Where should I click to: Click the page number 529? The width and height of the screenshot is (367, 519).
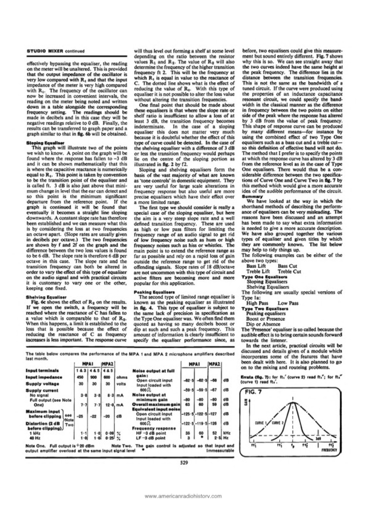tap(183, 462)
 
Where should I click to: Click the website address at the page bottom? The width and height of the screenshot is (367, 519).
tap(183, 496)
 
